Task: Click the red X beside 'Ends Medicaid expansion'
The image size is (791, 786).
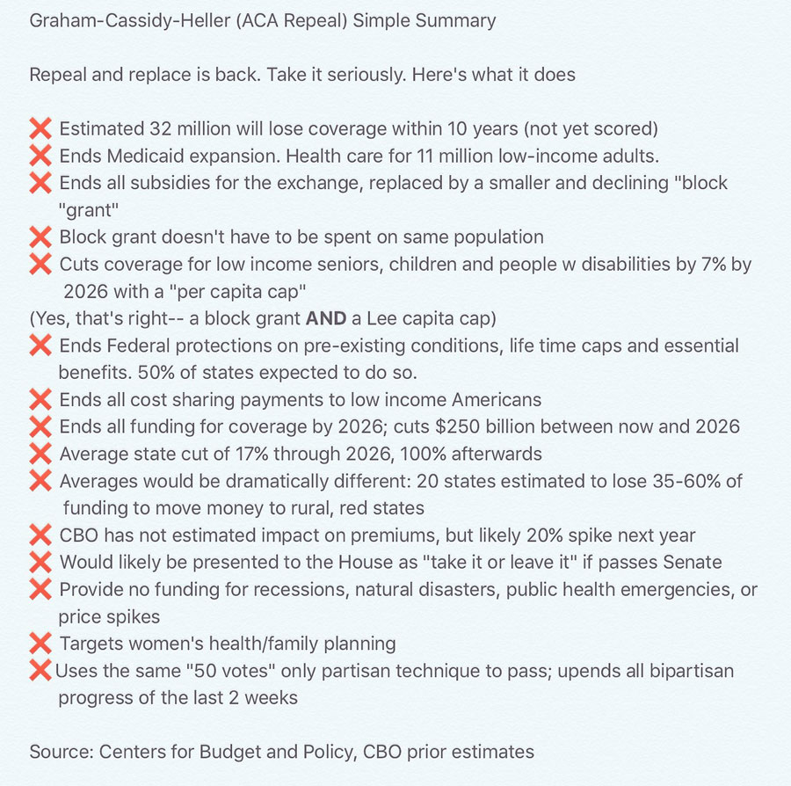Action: (x=40, y=156)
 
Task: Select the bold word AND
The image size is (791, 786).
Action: (x=328, y=318)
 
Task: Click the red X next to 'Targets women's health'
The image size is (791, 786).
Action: (x=40, y=644)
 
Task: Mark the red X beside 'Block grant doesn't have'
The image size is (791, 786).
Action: (x=40, y=237)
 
